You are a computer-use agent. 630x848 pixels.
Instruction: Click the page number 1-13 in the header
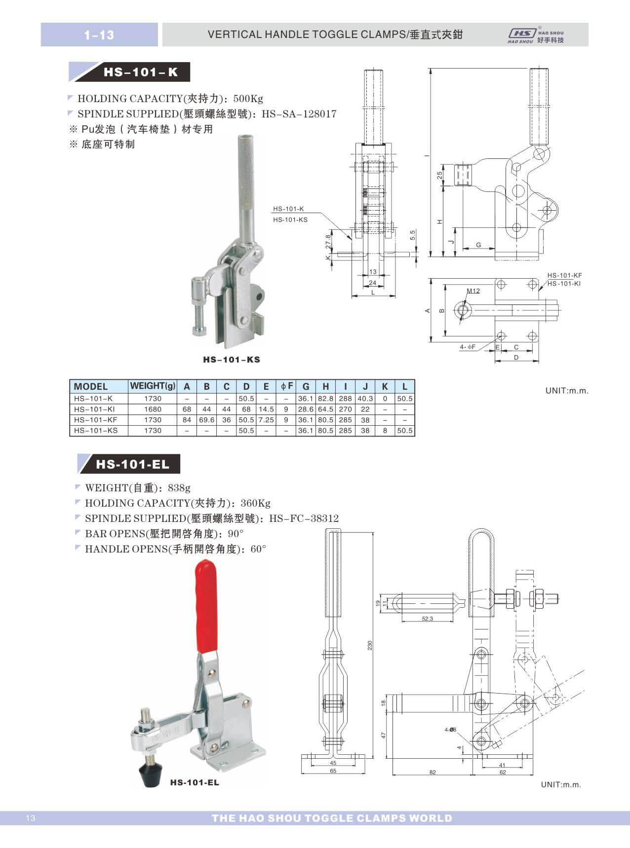click(x=99, y=35)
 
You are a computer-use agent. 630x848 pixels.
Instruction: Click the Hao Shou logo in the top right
click(x=536, y=35)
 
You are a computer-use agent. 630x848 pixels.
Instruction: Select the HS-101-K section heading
click(x=140, y=73)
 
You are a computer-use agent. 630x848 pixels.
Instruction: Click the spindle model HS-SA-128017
click(x=299, y=114)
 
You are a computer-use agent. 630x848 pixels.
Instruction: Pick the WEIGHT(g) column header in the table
click(x=153, y=386)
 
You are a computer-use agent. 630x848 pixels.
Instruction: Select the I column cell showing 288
click(x=345, y=398)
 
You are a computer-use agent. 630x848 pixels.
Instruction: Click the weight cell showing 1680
click(x=153, y=409)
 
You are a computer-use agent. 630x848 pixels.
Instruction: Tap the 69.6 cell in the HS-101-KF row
click(x=206, y=420)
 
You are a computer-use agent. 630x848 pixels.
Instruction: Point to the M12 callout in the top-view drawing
click(x=473, y=291)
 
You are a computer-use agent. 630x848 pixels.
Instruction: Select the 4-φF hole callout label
click(x=467, y=347)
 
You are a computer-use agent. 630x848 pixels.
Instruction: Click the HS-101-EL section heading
click(x=132, y=464)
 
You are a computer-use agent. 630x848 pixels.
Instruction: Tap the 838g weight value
click(x=179, y=488)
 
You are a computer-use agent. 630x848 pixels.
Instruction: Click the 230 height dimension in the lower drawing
click(x=369, y=645)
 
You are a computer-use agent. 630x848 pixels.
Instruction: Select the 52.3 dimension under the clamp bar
click(x=427, y=619)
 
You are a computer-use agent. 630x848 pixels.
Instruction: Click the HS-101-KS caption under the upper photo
click(x=231, y=360)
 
